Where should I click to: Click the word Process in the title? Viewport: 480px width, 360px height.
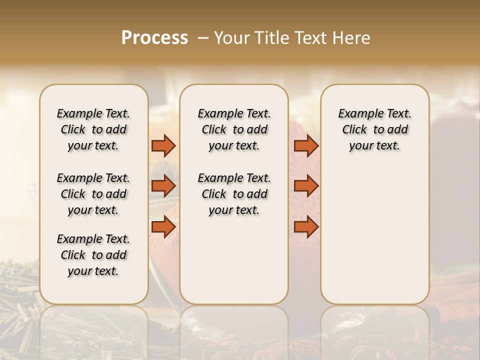click(154, 37)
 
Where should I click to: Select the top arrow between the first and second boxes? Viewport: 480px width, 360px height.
click(163, 145)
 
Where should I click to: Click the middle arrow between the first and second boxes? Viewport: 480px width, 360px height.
click(163, 186)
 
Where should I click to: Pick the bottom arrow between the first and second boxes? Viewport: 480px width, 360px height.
click(163, 227)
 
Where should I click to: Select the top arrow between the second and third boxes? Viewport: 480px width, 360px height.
click(306, 145)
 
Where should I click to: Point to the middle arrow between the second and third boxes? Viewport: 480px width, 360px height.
click(306, 186)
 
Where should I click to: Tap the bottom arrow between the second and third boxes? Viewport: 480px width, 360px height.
click(306, 227)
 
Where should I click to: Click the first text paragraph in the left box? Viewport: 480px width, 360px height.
click(93, 129)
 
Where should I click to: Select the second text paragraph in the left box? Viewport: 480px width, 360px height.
click(93, 194)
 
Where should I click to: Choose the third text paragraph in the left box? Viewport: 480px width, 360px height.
click(93, 255)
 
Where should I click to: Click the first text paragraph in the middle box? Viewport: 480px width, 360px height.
click(234, 129)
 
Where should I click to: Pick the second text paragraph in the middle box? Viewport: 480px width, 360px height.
click(234, 194)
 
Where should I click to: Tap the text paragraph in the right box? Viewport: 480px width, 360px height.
click(374, 129)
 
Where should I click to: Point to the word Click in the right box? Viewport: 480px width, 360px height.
click(354, 130)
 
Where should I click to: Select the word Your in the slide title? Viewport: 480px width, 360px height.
click(230, 37)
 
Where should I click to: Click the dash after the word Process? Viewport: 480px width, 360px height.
click(203, 37)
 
